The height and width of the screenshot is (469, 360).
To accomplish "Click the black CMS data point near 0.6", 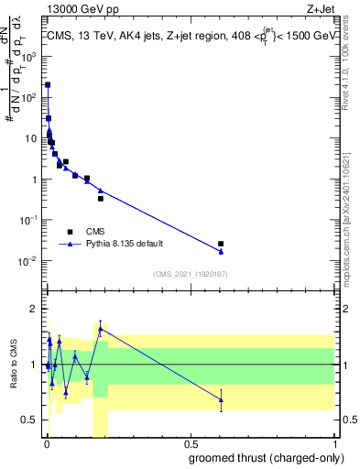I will click(221, 244).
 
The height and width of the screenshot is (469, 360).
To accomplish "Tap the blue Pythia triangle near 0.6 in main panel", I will click(221, 251).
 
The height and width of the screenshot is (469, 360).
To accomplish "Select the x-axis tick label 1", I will click(334, 445).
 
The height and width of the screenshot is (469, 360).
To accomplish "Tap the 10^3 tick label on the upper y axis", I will click(31, 56).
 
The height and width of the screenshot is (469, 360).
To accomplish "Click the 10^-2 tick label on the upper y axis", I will click(31, 261).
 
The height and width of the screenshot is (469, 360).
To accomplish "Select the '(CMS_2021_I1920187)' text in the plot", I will click(189, 273).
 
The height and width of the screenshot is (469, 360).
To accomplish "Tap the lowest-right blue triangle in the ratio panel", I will click(221, 399).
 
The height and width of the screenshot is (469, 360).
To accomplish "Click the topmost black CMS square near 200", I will click(48, 85).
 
